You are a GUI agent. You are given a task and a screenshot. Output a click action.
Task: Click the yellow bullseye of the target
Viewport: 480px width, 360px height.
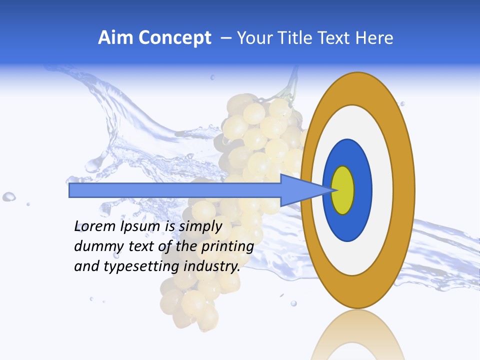pos(343,190)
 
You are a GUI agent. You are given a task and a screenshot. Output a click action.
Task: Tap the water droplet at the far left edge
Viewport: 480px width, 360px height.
pos(8,196)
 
